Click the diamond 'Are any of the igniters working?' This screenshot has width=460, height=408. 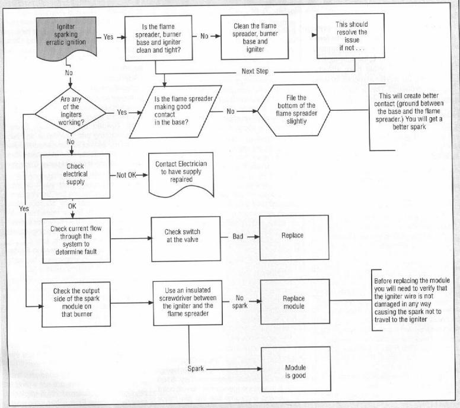pyautogui.click(x=70, y=111)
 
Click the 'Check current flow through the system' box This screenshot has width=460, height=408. pyautogui.click(x=75, y=239)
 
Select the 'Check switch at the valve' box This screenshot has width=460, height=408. pyautogui.click(x=181, y=238)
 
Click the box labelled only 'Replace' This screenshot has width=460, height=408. pyautogui.click(x=294, y=238)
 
